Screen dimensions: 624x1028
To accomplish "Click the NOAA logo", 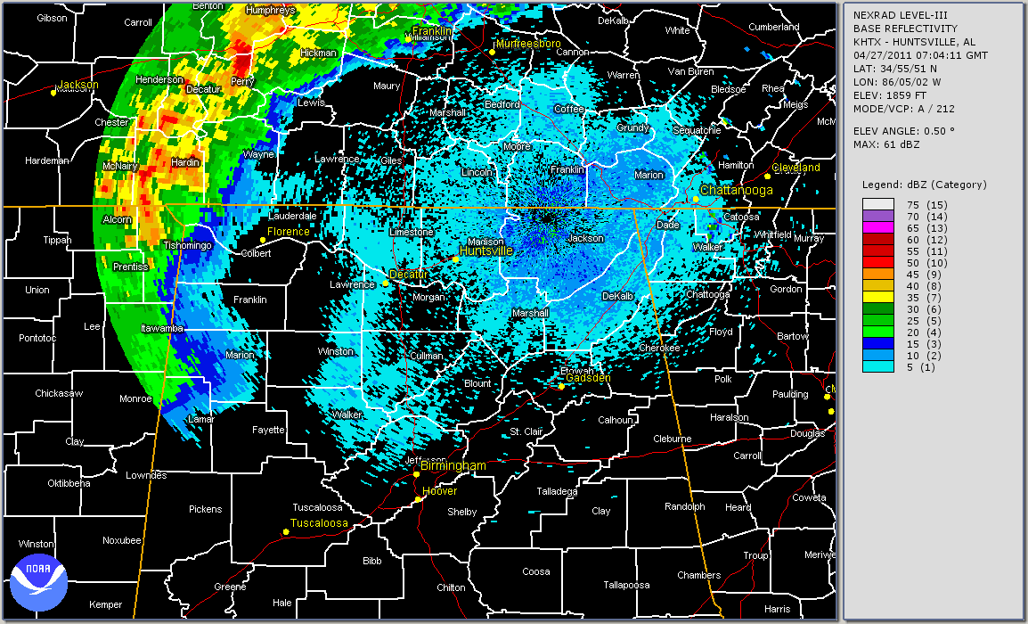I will pos(39,577).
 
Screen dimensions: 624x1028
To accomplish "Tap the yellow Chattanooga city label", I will pos(736,191).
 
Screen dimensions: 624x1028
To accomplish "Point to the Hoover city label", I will pos(440,491).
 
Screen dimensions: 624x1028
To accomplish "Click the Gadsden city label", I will pos(589,378).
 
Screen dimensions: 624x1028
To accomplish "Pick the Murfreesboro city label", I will pos(529,43).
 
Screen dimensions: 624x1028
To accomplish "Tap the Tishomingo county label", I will pos(187,245).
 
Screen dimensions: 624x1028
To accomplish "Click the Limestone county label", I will pos(412,232).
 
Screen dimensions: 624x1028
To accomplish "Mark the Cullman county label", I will pos(426,356).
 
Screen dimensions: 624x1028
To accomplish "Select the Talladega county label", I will pos(558,491).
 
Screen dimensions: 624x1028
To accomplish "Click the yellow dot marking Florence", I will pos(263,241).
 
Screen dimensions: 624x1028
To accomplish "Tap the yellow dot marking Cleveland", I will pos(767,176).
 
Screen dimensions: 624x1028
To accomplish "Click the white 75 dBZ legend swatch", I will pos(872,204).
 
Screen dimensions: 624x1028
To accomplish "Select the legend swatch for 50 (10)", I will pos(872,262).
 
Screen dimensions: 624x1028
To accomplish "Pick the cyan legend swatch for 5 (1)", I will pos(872,366).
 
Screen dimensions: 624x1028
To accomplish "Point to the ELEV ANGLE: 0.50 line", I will pos(904,130).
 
